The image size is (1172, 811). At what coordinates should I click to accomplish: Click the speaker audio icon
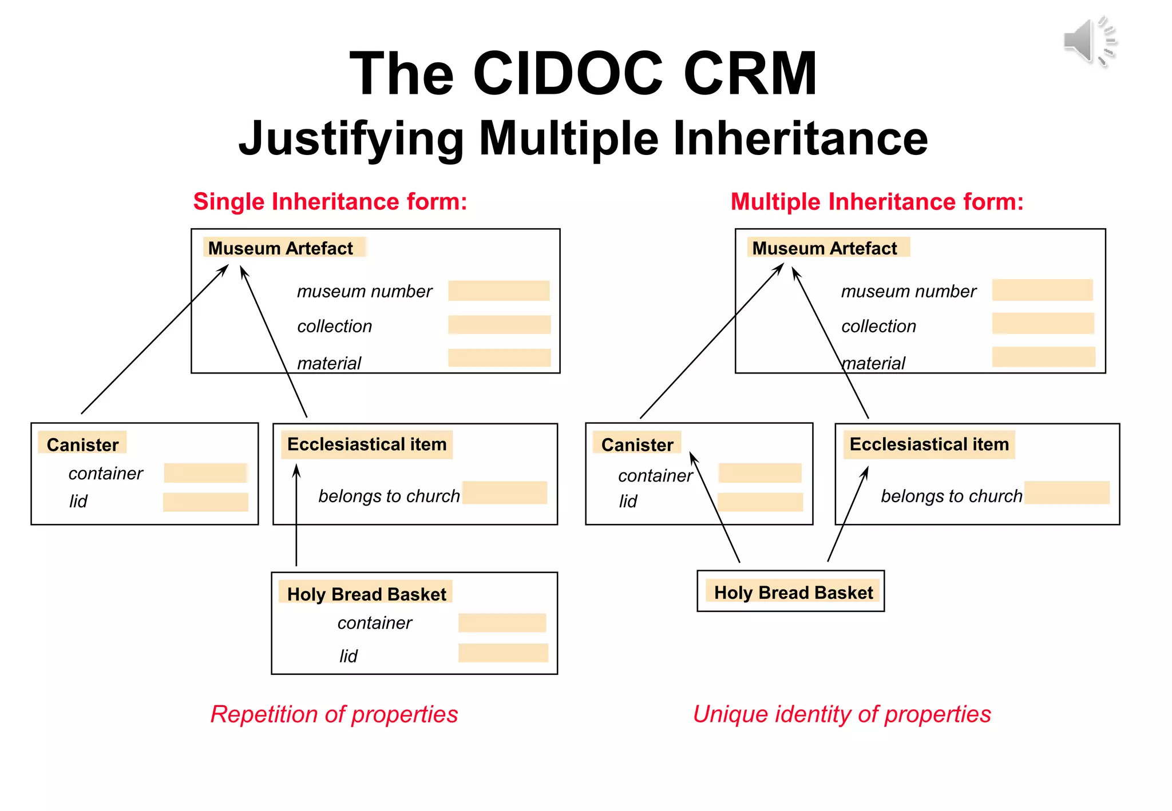click(x=1088, y=41)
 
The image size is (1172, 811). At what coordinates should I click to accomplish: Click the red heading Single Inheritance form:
click(x=330, y=202)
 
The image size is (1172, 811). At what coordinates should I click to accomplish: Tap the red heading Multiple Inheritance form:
click(x=877, y=202)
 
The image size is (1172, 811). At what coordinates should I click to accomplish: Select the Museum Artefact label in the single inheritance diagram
click(x=280, y=248)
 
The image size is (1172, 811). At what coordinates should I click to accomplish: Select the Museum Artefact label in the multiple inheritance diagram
click(x=824, y=248)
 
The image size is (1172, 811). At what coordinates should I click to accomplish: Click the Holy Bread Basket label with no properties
click(x=793, y=593)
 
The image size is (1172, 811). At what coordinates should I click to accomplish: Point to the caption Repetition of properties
click(x=334, y=714)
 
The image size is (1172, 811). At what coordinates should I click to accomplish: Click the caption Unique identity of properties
click(x=842, y=714)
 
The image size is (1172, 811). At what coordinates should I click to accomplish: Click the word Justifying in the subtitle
click(x=351, y=138)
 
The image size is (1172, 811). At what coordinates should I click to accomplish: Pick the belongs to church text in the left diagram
click(x=389, y=496)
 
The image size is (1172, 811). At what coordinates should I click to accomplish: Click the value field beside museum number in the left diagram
click(x=498, y=291)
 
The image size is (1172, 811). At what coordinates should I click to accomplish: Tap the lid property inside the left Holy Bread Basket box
click(x=348, y=656)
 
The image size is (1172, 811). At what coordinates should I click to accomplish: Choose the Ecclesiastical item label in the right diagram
click(x=929, y=444)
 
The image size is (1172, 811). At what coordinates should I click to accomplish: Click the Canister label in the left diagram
click(x=82, y=444)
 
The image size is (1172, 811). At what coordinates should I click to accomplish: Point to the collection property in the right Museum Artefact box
click(x=878, y=326)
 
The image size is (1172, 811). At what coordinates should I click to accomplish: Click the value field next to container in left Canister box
click(x=205, y=473)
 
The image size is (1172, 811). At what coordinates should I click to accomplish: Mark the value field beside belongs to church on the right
click(x=1067, y=492)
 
